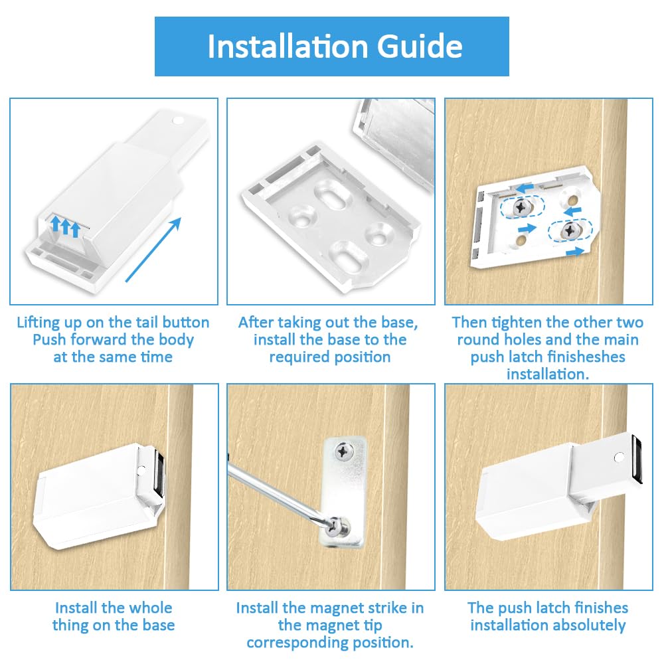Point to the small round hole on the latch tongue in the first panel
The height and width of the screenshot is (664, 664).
177,122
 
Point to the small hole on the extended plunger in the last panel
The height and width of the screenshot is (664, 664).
619,457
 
